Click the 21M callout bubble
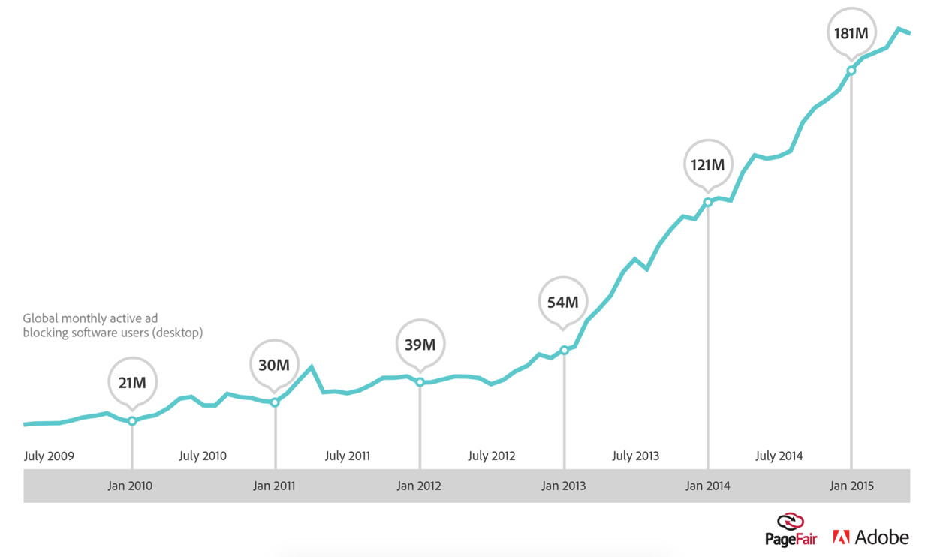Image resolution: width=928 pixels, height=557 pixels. click(132, 383)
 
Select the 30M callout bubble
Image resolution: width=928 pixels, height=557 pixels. click(274, 365)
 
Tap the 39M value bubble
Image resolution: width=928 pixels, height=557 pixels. click(420, 345)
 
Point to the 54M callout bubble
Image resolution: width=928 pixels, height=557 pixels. click(563, 303)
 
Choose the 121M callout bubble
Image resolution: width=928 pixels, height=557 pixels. click(707, 164)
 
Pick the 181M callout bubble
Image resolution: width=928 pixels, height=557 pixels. click(851, 33)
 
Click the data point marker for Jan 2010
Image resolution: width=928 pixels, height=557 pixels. click(132, 421)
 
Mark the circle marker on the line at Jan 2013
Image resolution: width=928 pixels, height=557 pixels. click(564, 350)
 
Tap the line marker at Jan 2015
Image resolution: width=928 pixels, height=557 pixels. click(851, 71)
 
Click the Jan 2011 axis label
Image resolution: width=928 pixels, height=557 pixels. click(274, 486)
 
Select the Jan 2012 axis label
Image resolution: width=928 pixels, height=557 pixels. click(418, 486)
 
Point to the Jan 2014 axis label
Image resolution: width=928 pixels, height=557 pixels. click(707, 486)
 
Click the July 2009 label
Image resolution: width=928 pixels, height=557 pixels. click(49, 456)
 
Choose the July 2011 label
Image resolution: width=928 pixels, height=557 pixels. click(348, 456)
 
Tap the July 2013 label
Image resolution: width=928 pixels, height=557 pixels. click(635, 456)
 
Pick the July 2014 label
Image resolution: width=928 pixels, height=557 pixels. click(779, 456)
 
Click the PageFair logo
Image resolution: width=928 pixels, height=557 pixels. click(791, 530)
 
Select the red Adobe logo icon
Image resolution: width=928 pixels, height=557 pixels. click(841, 537)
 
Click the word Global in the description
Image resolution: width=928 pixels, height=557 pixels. click(41, 318)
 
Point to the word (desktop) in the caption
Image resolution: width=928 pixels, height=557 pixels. click(177, 333)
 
